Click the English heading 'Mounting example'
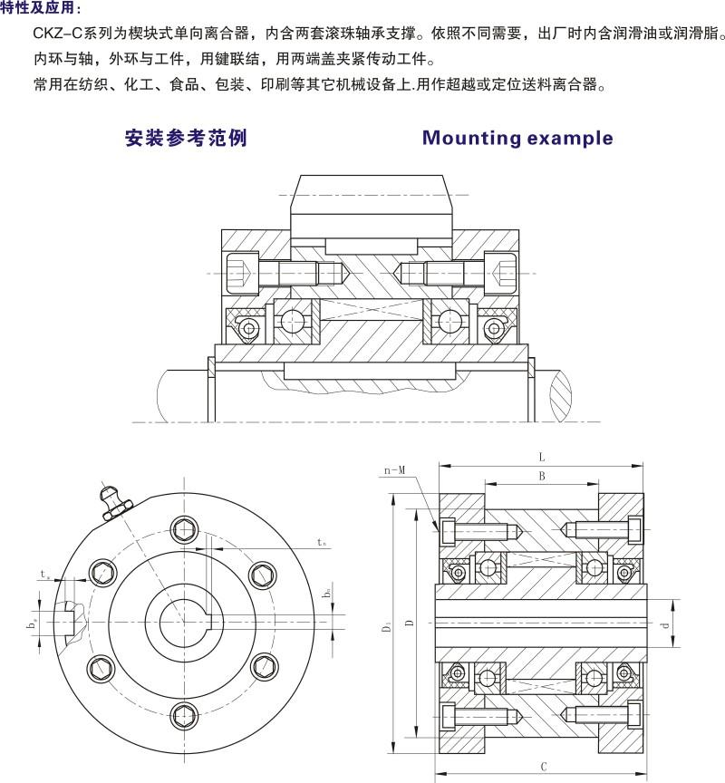[517, 139]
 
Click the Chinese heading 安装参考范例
[185, 139]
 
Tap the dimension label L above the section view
[541, 458]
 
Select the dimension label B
[541, 475]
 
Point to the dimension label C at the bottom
[542, 768]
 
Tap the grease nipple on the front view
[115, 501]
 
